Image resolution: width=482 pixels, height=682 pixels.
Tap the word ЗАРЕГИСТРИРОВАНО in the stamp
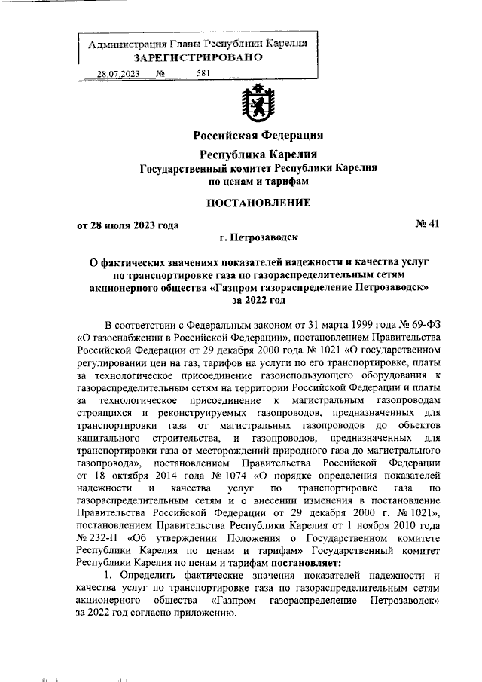[x=199, y=57]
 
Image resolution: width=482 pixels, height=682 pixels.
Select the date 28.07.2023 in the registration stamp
[x=117, y=74]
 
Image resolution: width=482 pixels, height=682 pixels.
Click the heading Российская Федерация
[x=258, y=136]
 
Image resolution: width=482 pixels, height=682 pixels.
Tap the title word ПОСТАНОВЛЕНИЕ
[x=258, y=203]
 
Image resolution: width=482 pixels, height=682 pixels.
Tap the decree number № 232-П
[x=93, y=539]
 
